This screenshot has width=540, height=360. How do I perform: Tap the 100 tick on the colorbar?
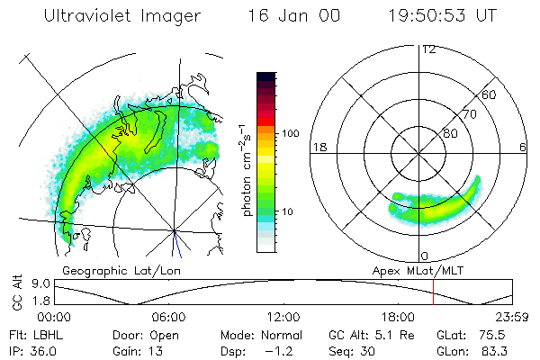[x=291, y=133]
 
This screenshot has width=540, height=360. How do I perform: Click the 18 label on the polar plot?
[x=318, y=147]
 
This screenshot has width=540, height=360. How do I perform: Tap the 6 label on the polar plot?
[x=523, y=147]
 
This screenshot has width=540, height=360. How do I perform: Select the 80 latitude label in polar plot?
[x=450, y=133]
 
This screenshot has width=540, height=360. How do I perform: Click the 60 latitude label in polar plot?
[x=490, y=94]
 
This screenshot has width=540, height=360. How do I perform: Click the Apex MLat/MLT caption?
[x=411, y=269]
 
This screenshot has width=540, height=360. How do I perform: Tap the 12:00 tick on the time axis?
[x=283, y=317]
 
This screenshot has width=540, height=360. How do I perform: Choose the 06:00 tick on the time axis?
[x=168, y=317]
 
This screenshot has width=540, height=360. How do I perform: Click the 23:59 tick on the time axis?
[x=511, y=317]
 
